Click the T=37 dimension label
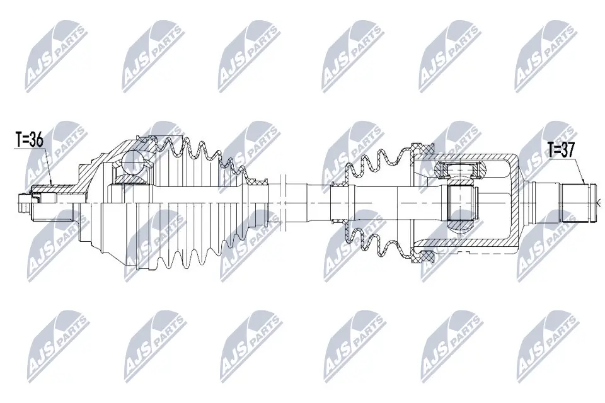coord(561,150)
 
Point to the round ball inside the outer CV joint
coord(133,162)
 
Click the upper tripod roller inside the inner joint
coord(461,169)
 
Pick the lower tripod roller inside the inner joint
coord(461,217)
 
